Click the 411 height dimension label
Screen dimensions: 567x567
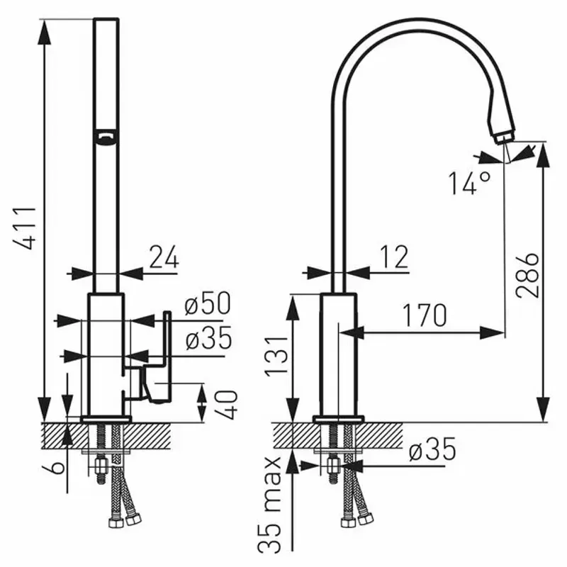tap(26, 228)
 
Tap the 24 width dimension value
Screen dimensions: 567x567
tap(164, 257)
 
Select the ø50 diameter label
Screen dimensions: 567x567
tap(207, 303)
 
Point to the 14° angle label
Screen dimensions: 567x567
tap(470, 184)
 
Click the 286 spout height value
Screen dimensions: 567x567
tap(527, 275)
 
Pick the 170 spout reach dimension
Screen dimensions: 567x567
tap(425, 315)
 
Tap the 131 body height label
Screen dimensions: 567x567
tap(276, 357)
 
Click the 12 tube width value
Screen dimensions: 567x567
tap(394, 257)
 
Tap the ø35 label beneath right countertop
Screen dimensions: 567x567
tap(432, 449)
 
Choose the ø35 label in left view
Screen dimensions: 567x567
tap(208, 339)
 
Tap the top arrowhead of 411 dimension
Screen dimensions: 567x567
tap(44, 32)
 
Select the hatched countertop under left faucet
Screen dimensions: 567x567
tap(107, 436)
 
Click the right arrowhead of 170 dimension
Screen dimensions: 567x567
tap(492, 332)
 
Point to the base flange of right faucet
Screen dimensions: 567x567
tap(339, 419)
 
